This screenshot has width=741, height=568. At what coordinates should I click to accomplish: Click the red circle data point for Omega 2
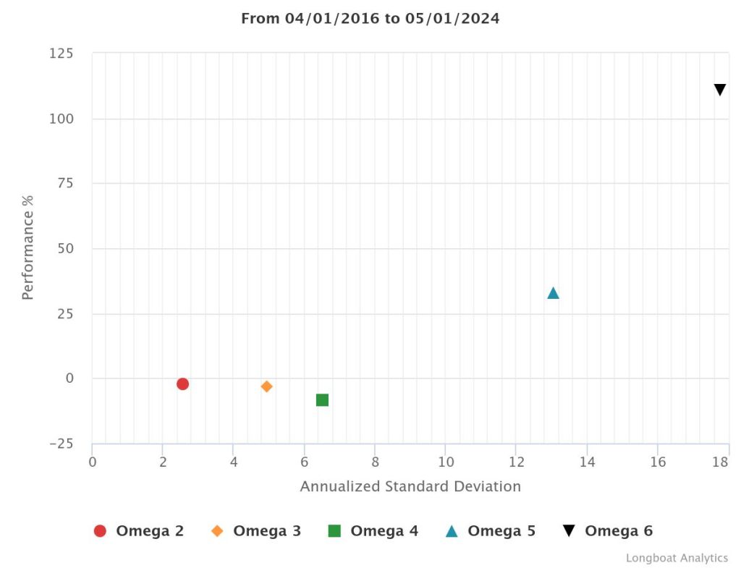point(182,383)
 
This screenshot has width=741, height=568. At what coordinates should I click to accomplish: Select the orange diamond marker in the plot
point(266,386)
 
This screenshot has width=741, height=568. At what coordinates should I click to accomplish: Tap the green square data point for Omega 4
point(322,400)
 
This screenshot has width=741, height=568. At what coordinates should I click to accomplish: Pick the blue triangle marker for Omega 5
point(553,293)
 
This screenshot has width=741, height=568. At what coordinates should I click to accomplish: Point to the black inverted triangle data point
point(719,90)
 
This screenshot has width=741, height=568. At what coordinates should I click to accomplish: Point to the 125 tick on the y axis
point(61,54)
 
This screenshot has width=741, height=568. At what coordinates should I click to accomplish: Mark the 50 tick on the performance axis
point(64,249)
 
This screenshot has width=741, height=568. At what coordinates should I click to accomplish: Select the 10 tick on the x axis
point(445,462)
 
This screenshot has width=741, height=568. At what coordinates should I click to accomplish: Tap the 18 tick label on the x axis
point(721,462)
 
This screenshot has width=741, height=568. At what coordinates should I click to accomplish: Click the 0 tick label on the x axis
point(93,462)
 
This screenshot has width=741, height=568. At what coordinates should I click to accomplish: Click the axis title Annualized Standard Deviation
point(410,486)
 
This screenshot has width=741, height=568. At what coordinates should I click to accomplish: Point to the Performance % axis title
point(27,247)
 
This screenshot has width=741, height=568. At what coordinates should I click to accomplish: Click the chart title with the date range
point(370,19)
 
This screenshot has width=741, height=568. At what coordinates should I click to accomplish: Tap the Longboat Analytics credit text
point(677,558)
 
